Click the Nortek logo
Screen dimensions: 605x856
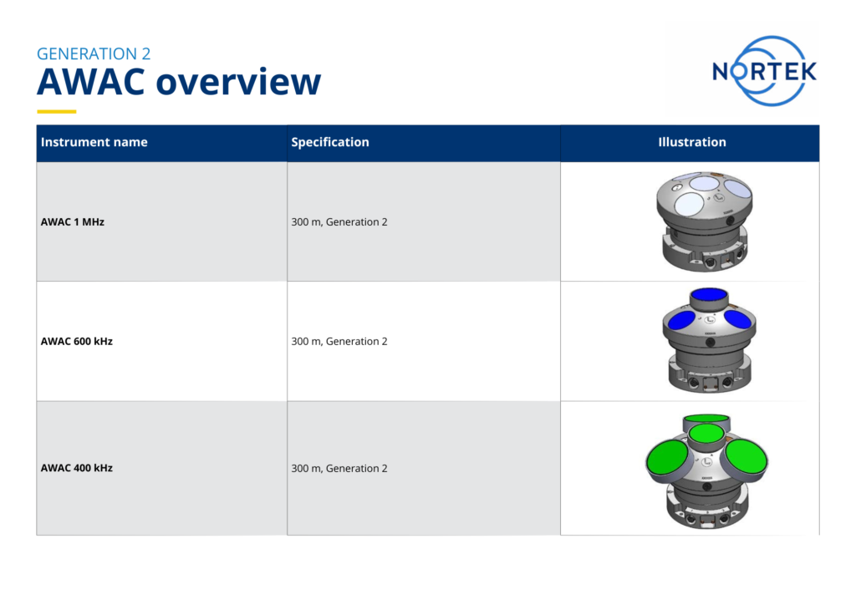tap(763, 70)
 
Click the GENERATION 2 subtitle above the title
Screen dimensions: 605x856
tap(94, 53)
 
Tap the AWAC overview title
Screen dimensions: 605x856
tap(178, 83)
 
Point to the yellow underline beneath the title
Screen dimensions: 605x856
tap(57, 111)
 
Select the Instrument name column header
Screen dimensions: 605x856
tap(94, 142)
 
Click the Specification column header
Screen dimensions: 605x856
tap(329, 142)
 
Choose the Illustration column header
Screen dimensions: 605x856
tap(691, 142)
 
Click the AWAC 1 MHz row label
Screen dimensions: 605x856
tap(73, 222)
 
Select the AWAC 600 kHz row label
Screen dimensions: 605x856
tap(77, 341)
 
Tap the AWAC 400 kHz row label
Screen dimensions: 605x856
tap(77, 468)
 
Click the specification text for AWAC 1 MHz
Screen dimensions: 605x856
tap(339, 222)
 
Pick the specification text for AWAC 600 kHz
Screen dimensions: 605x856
tap(339, 341)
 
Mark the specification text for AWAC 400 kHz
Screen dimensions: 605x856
tap(339, 468)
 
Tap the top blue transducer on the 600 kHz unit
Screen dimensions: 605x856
tap(708, 294)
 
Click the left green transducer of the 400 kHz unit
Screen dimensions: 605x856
tap(667, 459)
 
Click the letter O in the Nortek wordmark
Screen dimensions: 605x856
tap(741, 71)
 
